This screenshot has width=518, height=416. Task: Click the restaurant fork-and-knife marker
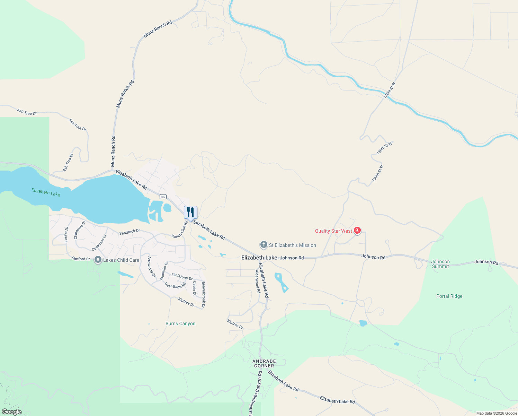coord(190,212)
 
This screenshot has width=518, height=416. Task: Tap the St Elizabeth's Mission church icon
coord(264,245)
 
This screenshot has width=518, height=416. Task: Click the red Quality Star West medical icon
coord(357,231)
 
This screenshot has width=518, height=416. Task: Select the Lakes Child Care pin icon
coord(98,260)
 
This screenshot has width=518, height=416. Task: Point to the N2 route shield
coord(163,197)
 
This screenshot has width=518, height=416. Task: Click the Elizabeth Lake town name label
coord(259,258)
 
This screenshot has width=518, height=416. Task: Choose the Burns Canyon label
coord(180,323)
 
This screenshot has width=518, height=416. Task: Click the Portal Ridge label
coord(449,296)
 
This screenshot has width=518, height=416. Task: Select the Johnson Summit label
coord(440,264)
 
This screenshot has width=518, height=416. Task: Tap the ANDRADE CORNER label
coord(264,363)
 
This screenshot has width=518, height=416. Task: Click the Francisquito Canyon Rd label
coord(255,393)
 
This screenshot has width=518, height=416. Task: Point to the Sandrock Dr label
coord(129,232)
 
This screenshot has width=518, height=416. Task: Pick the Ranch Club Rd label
coord(180,229)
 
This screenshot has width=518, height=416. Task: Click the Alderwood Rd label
coord(258,281)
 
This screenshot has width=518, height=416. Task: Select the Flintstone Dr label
coord(182,276)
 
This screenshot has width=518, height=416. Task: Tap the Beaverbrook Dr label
coord(204,294)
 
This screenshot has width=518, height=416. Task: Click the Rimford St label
coord(81,259)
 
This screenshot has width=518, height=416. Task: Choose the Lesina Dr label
coord(66,234)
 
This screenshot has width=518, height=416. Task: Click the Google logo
coord(12,412)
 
